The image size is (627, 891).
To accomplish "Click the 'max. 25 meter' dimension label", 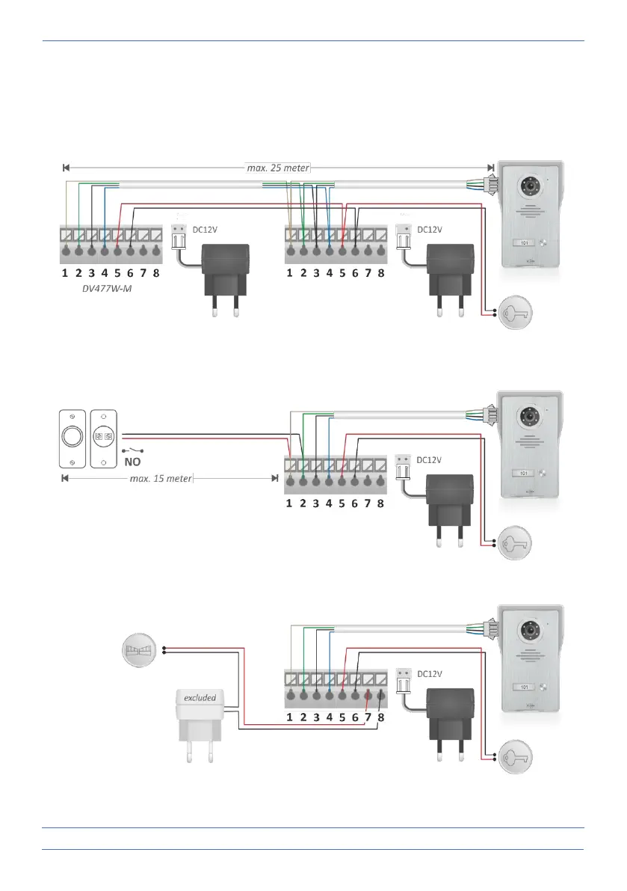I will (x=278, y=168).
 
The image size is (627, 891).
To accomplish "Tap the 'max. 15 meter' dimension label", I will (x=161, y=477).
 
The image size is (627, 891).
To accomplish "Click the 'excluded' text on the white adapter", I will (x=200, y=698).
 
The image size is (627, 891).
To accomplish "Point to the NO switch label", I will (x=132, y=462).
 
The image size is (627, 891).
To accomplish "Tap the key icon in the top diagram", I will (x=520, y=312).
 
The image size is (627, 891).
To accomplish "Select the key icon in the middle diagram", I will (x=520, y=542).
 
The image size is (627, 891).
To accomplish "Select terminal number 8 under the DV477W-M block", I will (x=156, y=274).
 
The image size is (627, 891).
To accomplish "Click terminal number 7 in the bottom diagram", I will (x=368, y=717).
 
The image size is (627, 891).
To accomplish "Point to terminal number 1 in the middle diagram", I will (x=289, y=503).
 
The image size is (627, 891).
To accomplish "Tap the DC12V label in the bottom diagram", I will (x=430, y=674).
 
